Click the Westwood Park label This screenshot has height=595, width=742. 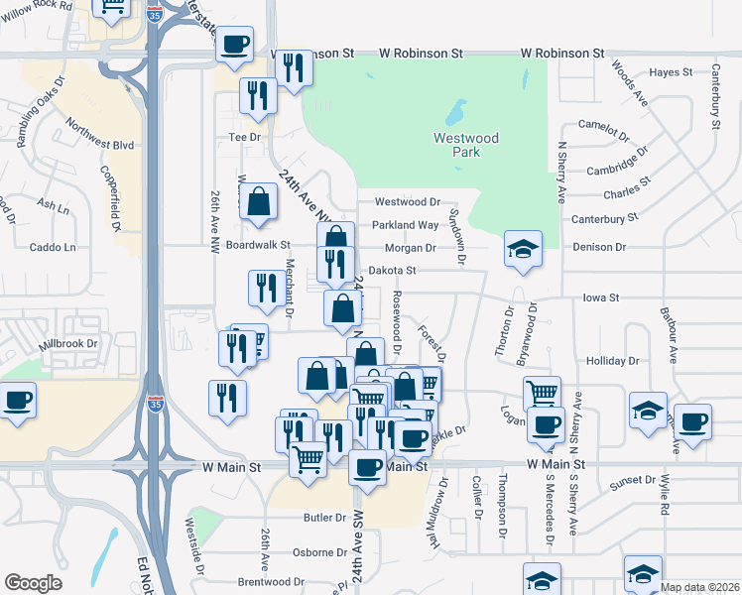tap(465, 145)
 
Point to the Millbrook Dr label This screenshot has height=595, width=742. tap(68, 344)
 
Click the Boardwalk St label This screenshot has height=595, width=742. tap(258, 244)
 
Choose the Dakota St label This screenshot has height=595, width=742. tap(392, 270)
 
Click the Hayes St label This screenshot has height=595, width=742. tap(670, 72)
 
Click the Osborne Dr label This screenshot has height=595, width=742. tap(320, 552)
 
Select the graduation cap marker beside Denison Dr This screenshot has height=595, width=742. tap(523, 250)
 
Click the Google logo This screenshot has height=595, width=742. tap(33, 583)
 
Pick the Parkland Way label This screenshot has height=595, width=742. tap(407, 225)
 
